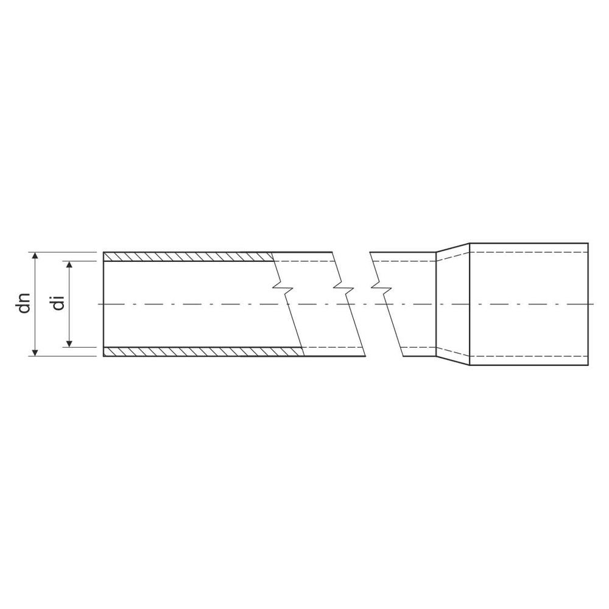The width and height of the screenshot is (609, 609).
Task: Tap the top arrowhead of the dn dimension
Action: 36,255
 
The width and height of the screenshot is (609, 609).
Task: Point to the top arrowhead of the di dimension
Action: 70,264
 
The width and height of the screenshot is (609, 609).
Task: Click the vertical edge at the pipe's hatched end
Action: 104,303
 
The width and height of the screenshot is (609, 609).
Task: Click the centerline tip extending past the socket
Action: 591,303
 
